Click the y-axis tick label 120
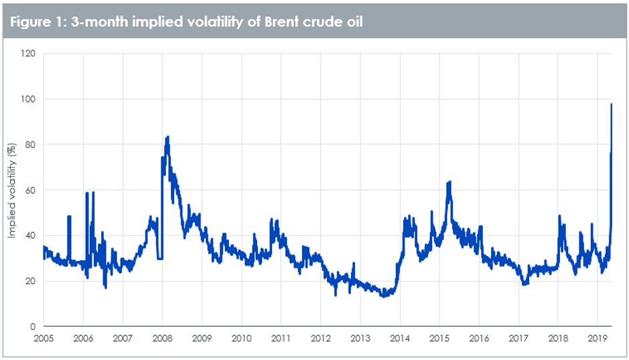coord(29,54)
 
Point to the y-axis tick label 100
coord(29,99)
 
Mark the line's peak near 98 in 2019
coord(611,104)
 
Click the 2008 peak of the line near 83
coord(167,137)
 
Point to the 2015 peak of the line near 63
coord(449,182)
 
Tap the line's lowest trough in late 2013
coord(383,296)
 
